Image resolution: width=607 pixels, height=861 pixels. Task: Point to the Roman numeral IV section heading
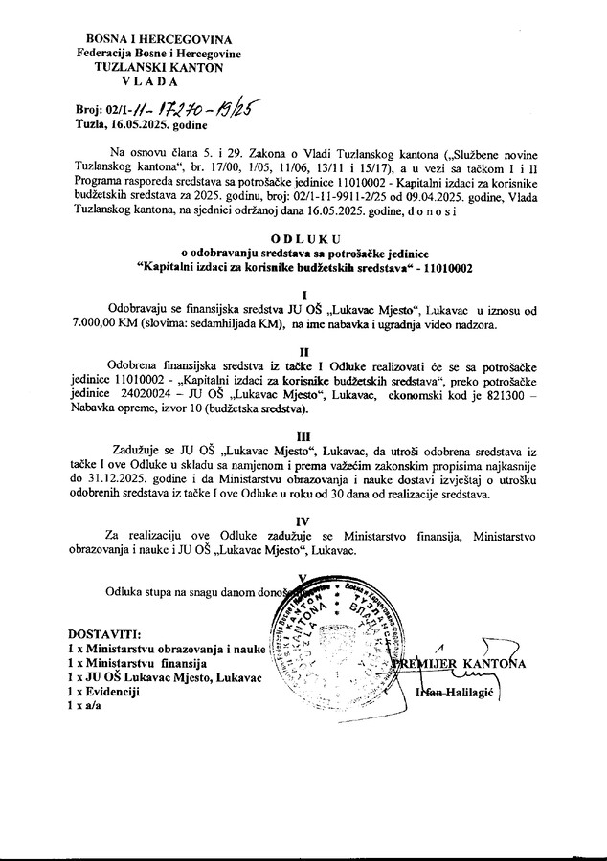pos(303,521)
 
